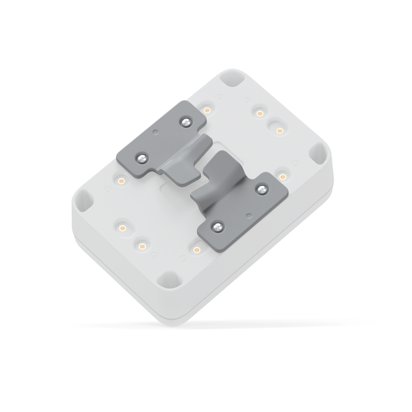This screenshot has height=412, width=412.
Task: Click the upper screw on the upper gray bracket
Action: pos(184,122)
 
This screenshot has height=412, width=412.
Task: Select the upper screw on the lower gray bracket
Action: pos(260,187)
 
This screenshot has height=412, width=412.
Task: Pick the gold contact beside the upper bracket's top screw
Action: pos(207,109)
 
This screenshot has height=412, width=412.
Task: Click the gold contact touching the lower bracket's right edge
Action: pos(282,177)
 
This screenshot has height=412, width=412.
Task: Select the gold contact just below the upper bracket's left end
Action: pos(121,181)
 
